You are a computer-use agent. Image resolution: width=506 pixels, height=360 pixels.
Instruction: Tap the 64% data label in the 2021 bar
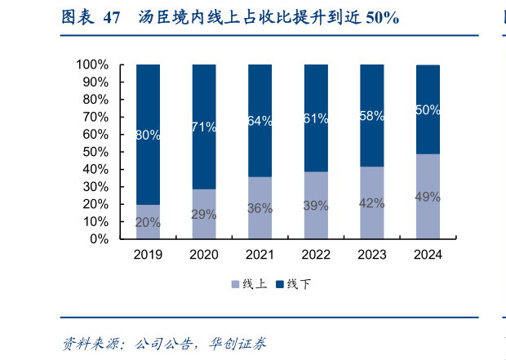260,120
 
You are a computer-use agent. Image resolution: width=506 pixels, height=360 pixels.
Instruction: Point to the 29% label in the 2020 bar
204,214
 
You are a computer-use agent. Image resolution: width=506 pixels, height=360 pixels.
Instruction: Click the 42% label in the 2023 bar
372,203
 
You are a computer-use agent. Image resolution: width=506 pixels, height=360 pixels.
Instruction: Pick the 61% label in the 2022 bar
316,118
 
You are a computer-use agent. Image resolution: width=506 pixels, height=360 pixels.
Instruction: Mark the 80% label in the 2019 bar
148,136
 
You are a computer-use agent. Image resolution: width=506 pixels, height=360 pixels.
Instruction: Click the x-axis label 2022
316,255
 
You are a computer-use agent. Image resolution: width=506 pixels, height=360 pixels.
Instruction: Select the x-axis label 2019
148,255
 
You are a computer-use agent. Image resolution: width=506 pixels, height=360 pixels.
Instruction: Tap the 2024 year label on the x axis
428,255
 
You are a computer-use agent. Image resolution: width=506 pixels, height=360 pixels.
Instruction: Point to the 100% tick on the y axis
92,64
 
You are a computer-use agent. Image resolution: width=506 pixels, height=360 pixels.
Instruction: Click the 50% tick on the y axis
95,152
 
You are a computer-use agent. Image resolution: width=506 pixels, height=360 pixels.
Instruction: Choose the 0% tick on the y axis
99,239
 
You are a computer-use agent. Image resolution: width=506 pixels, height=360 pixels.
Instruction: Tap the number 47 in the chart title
113,17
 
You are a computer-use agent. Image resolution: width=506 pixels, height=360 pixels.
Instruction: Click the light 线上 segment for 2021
260,208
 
